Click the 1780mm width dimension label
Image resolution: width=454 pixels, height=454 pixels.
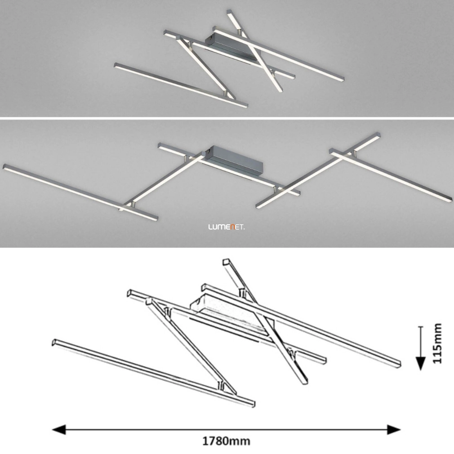click(226, 441)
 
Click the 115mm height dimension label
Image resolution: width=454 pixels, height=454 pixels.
click(437, 343)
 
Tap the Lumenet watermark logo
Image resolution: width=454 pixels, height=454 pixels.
click(227, 227)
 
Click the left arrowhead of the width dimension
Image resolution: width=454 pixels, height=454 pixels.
click(59, 429)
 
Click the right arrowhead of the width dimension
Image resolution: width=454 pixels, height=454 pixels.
click(394, 429)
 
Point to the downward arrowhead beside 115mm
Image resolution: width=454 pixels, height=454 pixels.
click(421, 364)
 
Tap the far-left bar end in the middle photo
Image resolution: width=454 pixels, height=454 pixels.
click(4, 167)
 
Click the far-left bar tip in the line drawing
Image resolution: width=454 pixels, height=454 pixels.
click(53, 342)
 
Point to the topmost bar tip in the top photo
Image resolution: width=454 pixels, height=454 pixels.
click(230, 12)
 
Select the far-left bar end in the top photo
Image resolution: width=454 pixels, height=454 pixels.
click(116, 65)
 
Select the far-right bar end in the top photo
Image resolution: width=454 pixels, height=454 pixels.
click(343, 78)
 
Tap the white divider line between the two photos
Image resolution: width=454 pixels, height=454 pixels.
click(227, 118)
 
